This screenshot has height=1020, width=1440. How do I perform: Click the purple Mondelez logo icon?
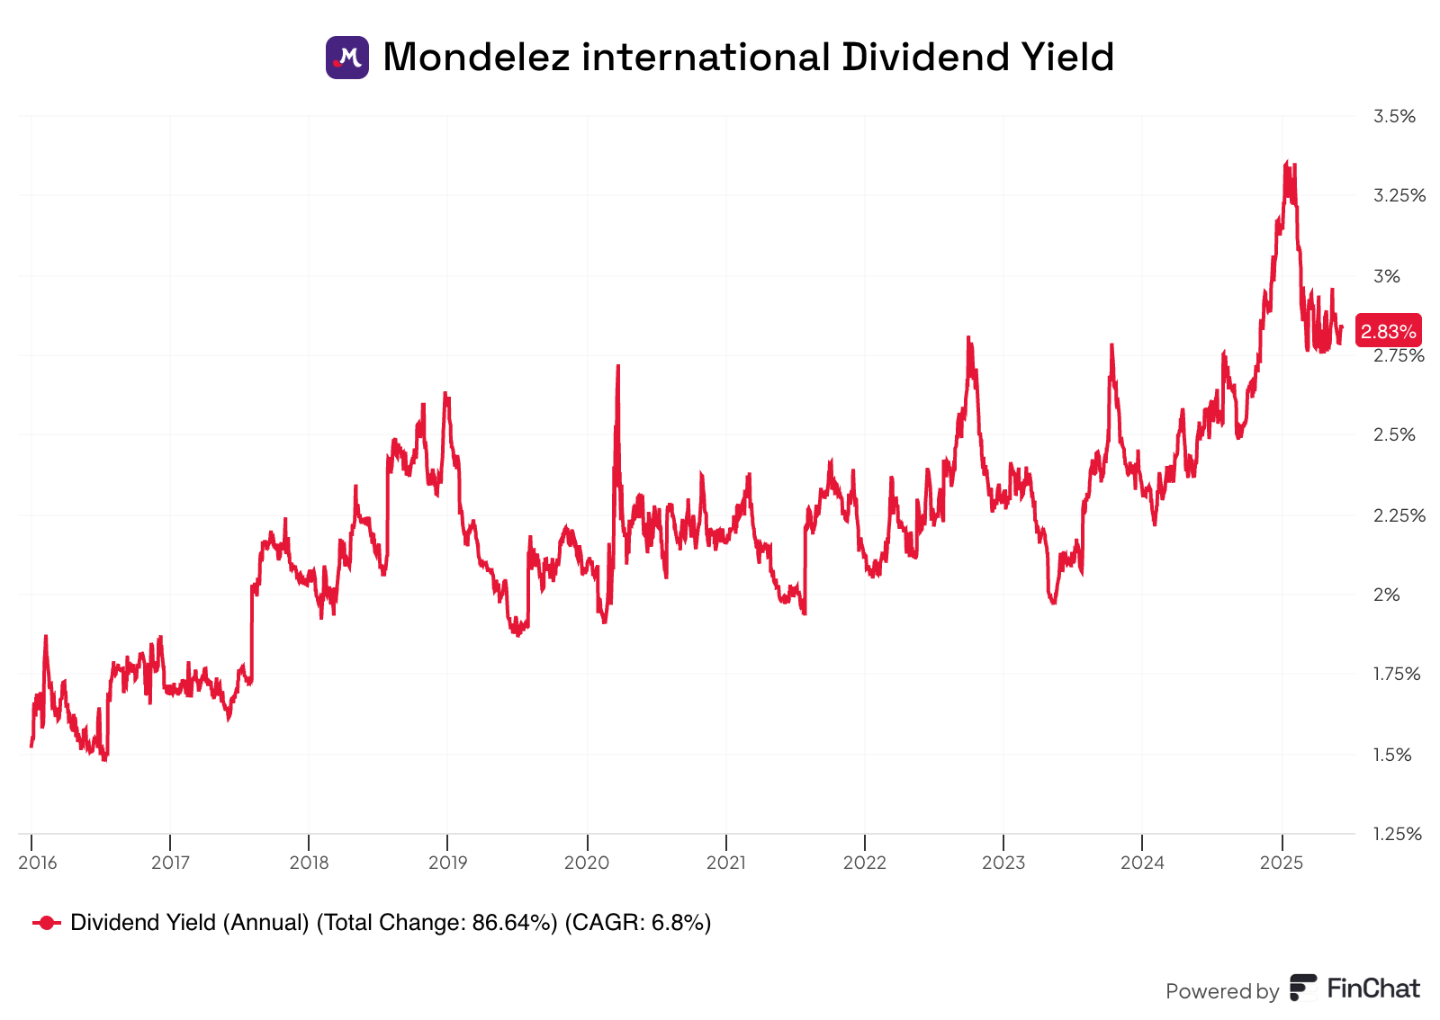[346, 58]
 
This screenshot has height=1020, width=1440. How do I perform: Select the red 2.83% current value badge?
[1388, 332]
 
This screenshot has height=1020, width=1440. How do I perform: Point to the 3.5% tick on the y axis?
[1394, 116]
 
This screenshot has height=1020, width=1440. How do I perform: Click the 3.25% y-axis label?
[1399, 195]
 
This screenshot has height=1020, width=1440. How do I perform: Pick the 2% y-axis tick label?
[1387, 595]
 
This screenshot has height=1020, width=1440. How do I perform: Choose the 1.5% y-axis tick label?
[1392, 755]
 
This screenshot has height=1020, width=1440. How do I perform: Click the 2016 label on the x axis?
[38, 863]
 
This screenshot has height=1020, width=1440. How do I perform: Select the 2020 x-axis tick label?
[587, 863]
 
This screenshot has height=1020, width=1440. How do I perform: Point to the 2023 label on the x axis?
[1003, 863]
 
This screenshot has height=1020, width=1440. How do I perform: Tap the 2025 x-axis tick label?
[1282, 863]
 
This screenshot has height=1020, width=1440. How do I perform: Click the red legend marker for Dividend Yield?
[47, 923]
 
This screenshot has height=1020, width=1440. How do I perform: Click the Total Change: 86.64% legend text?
[436, 923]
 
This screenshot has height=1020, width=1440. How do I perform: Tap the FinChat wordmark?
[1373, 989]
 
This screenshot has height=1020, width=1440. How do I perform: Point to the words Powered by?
[1221, 991]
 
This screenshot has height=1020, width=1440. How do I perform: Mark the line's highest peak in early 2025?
[1287, 163]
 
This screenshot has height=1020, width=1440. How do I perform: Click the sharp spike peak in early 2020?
[618, 366]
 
